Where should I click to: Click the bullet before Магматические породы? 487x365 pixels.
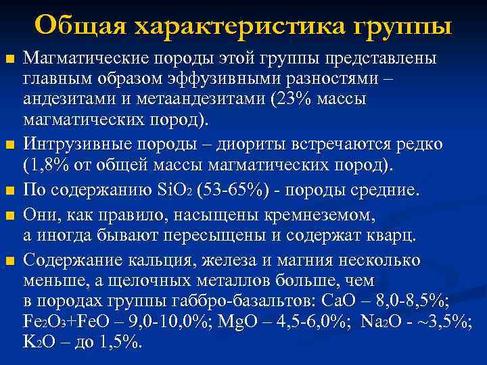point(9,61)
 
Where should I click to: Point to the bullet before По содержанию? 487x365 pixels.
point(9,192)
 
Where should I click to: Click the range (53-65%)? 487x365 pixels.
point(236,191)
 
